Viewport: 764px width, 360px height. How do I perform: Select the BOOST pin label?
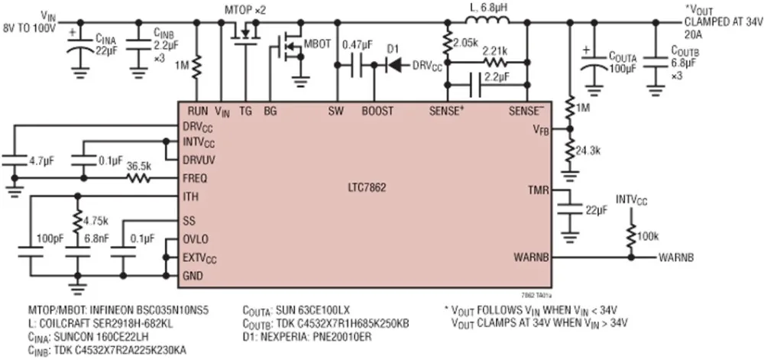377,112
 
